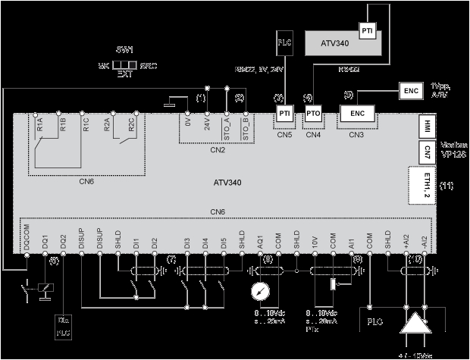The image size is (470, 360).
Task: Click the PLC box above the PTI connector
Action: [284, 42]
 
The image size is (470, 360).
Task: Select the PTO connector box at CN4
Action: [314, 113]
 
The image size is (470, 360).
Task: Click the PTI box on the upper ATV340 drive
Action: [367, 31]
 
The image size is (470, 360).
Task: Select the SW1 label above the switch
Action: [125, 49]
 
